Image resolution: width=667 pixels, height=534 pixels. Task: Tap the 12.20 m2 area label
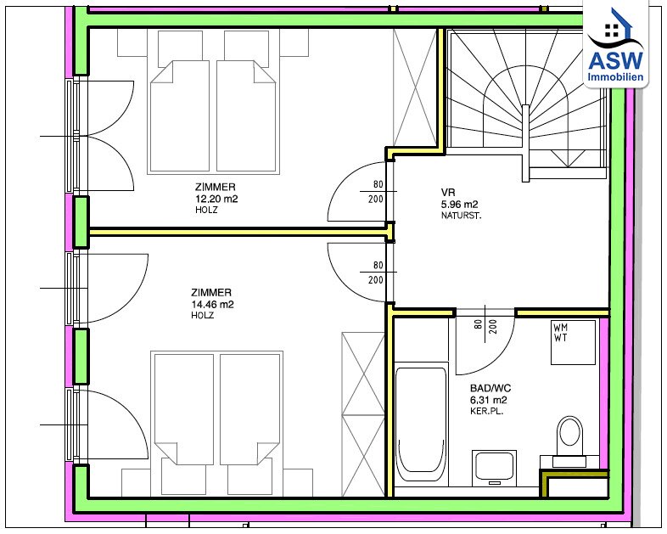216,199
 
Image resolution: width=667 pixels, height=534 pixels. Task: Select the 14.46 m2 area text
212,304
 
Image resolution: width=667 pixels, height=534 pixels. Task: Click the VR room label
448,193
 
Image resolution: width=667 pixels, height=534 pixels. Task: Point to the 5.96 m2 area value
459,205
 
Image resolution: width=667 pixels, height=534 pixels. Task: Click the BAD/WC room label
490,388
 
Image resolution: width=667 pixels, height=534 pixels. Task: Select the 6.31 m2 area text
488,400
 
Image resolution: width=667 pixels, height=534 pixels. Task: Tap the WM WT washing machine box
573,342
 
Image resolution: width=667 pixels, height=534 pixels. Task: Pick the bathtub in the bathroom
421,424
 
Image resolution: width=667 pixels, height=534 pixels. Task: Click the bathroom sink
494,468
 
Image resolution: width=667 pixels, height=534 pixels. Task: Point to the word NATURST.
461,216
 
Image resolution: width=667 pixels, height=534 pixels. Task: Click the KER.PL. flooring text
486,412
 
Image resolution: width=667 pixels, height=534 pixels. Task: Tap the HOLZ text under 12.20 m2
206,210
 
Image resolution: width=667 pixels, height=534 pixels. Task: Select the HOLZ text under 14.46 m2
202,315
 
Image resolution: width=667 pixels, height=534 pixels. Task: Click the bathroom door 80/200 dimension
485,327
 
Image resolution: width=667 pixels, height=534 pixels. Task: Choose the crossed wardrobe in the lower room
363,414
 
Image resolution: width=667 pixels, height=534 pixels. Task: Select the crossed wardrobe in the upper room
416,87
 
